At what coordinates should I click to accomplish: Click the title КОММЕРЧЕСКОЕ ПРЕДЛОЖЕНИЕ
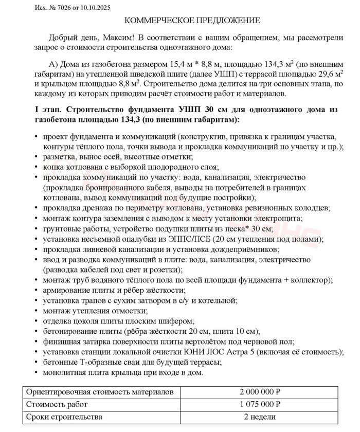click(x=193, y=21)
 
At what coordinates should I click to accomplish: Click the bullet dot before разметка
click(x=37, y=156)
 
